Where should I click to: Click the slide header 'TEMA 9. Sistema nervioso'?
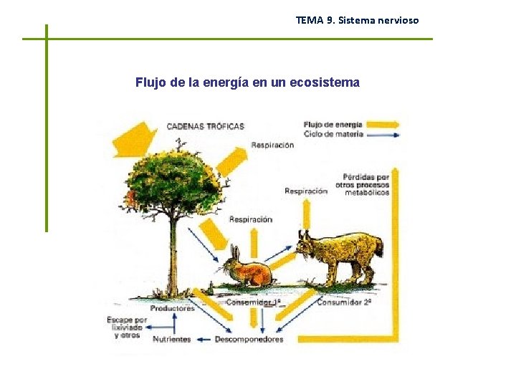(357, 20)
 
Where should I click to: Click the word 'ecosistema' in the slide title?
(325, 82)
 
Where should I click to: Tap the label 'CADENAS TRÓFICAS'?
(205, 126)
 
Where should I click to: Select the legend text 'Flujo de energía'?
(333, 124)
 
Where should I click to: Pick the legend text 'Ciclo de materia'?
(333, 133)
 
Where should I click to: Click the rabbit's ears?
(234, 252)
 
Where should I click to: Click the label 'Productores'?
(172, 309)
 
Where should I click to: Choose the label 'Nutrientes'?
(172, 339)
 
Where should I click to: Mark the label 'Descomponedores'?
(249, 339)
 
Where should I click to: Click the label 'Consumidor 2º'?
(343, 302)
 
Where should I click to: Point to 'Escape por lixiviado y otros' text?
(127, 328)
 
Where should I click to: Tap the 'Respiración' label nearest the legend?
(272, 145)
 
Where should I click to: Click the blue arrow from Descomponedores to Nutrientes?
(204, 339)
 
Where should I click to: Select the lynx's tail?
(379, 248)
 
